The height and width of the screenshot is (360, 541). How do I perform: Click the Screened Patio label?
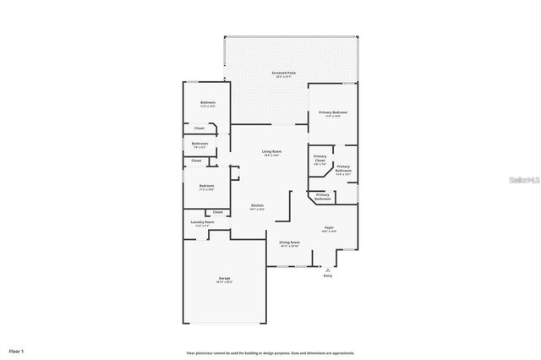pyautogui.click(x=284, y=74)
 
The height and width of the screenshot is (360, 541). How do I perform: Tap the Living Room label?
pyautogui.click(x=271, y=151)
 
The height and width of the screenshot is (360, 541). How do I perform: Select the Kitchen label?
pyautogui.click(x=257, y=205)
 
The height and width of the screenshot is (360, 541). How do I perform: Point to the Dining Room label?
pyautogui.click(x=290, y=242)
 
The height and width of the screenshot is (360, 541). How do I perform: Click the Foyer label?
pyautogui.click(x=329, y=227)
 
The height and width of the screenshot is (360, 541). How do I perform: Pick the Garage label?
pyautogui.click(x=225, y=278)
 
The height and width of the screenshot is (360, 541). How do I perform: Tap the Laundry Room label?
pyautogui.click(x=205, y=222)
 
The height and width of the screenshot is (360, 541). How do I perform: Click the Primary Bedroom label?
pyautogui.click(x=333, y=112)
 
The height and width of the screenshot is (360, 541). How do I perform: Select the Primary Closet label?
pyautogui.click(x=320, y=158)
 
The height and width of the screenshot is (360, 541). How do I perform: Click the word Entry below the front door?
pyautogui.click(x=328, y=275)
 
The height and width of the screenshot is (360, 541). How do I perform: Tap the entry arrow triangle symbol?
pyautogui.click(x=328, y=268)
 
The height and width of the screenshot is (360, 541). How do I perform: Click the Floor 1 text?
pyautogui.click(x=17, y=350)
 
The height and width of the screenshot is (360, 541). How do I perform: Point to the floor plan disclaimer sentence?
pyautogui.click(x=270, y=353)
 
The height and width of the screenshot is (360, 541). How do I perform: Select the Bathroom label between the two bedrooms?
pyautogui.click(x=199, y=144)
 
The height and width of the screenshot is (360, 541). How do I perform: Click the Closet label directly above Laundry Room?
pyautogui.click(x=218, y=212)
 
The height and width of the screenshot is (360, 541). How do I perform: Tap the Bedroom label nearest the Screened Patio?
pyautogui.click(x=207, y=102)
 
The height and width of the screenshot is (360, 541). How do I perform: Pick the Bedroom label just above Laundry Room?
pyautogui.click(x=207, y=185)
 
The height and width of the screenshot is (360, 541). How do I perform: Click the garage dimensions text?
pyautogui.click(x=225, y=282)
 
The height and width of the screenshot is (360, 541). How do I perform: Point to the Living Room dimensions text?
pyautogui.click(x=271, y=155)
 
